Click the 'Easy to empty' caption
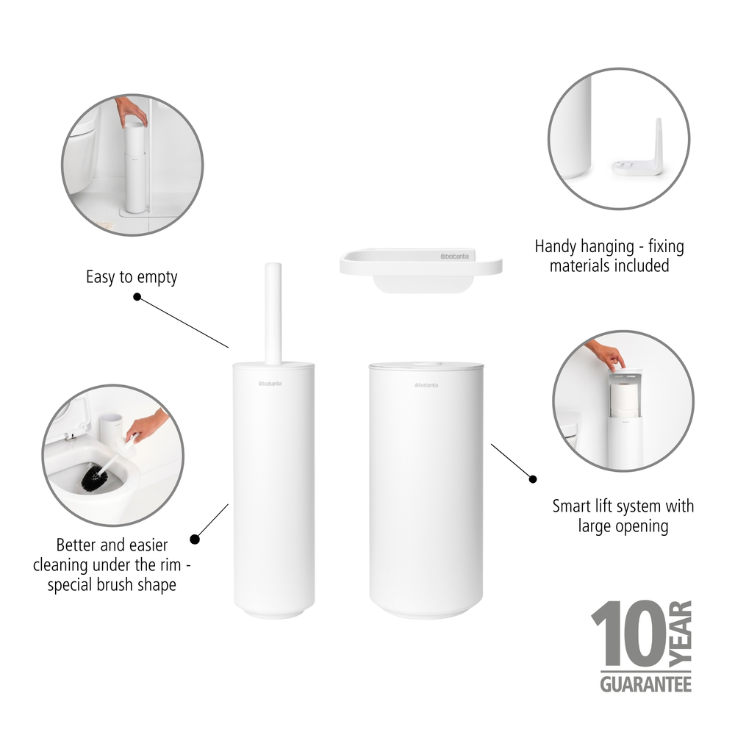coord(132,278)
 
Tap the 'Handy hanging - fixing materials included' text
coord(609,256)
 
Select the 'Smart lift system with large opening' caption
coord(623,516)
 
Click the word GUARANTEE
coord(645,684)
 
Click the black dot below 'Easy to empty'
coord(137,297)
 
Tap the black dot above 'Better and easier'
coord(194,539)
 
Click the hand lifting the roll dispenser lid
coord(607,355)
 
